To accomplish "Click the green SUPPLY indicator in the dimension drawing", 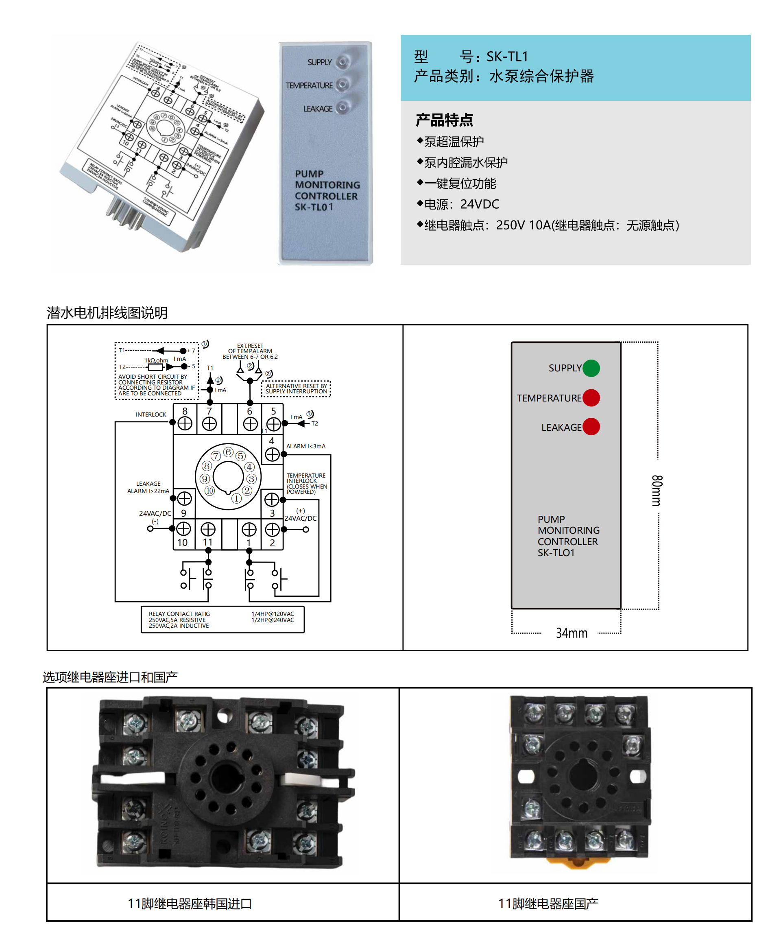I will click(591, 368).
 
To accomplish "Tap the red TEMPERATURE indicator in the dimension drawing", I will click(591, 397).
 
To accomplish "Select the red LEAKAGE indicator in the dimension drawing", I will click(591, 427).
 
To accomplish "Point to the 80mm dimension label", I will click(657, 490).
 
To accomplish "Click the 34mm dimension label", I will click(571, 633).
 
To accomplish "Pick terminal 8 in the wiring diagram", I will click(185, 423).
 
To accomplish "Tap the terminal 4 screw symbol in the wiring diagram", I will click(272, 454).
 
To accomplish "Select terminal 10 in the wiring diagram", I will click(183, 529).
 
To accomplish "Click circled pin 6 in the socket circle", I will click(228, 452).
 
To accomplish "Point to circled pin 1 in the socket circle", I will click(236, 499).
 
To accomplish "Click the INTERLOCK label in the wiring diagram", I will click(151, 415).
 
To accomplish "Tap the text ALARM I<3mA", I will click(305, 446).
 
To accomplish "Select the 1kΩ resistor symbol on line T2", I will click(155, 367).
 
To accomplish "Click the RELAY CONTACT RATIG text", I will click(179, 614).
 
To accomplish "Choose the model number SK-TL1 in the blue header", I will click(507, 57).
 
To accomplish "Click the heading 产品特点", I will click(444, 120).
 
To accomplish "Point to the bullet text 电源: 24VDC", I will click(461, 204).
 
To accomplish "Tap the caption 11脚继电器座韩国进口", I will click(190, 903).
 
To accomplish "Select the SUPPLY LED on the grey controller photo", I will click(342, 62).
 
